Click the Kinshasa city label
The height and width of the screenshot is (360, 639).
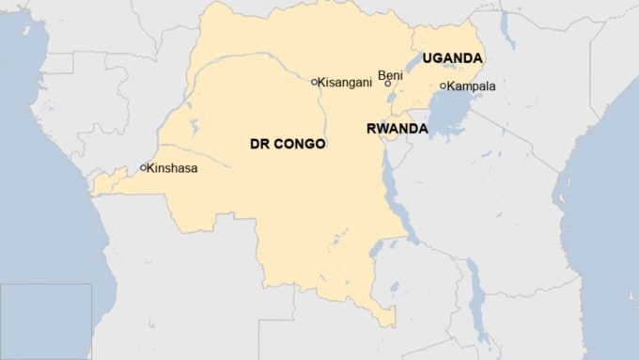tap(173, 168)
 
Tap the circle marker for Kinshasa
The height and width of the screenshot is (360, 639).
tap(143, 168)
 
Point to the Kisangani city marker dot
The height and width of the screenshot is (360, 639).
tap(315, 82)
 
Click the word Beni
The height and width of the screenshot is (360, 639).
tap(390, 74)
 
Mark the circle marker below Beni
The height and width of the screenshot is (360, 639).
tap(388, 85)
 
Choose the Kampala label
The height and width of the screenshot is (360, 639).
tap(472, 86)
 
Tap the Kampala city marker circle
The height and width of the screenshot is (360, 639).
tap(443, 86)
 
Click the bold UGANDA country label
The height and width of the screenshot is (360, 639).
tap(452, 58)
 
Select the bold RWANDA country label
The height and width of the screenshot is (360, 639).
tap(397, 128)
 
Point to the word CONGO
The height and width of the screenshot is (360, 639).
tap(300, 145)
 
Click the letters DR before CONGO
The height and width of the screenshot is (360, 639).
tap(259, 145)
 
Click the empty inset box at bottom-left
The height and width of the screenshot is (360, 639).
tap(45, 321)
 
